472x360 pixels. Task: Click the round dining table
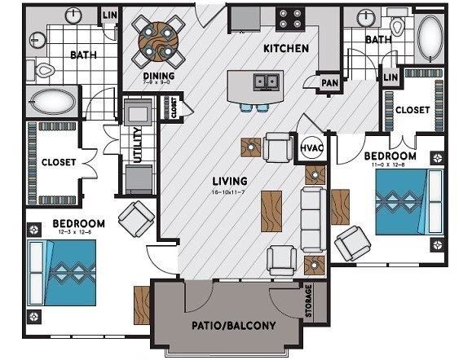click(155, 38)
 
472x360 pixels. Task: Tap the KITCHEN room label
click(285, 48)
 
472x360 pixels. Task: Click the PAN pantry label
click(330, 82)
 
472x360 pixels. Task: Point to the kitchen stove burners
click(289, 17)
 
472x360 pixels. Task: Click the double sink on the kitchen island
click(262, 81)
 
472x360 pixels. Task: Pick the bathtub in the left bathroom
click(51, 102)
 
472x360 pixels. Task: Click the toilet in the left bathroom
click(46, 70)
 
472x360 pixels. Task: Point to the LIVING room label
click(230, 180)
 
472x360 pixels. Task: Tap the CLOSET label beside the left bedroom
click(58, 162)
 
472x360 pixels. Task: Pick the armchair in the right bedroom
click(353, 243)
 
